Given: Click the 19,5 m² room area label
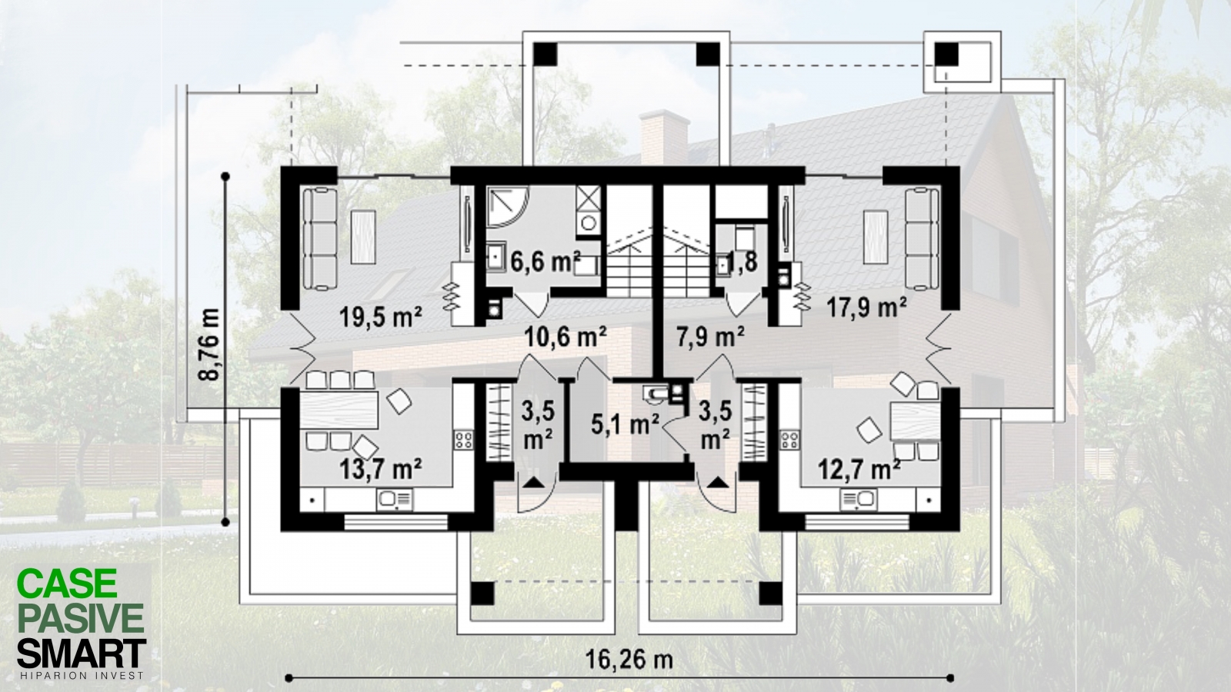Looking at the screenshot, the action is pyautogui.click(x=381, y=317).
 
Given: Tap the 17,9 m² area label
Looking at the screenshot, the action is pyautogui.click(x=866, y=308).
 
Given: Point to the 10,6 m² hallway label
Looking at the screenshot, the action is pyautogui.click(x=565, y=337).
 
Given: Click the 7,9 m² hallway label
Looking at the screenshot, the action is pyautogui.click(x=711, y=337).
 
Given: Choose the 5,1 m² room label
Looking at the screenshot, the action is pyautogui.click(x=625, y=424).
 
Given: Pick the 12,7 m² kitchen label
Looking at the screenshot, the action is pyautogui.click(x=859, y=469).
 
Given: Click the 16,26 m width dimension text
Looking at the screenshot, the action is pyautogui.click(x=629, y=659).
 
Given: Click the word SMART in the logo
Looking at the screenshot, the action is pyautogui.click(x=82, y=654).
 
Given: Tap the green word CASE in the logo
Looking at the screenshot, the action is pyautogui.click(x=67, y=584).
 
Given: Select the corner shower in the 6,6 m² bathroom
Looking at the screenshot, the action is pyautogui.click(x=508, y=208).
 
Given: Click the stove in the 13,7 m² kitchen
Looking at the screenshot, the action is pyautogui.click(x=463, y=439).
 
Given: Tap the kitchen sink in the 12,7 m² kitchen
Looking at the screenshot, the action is pyautogui.click(x=859, y=499).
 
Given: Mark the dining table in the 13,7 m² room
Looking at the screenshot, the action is pyautogui.click(x=339, y=410).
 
